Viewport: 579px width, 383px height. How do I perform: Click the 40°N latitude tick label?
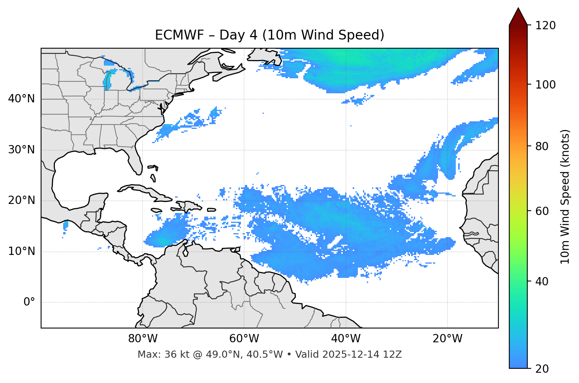(x=21, y=99)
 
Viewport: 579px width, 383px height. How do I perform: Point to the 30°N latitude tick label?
(x=21, y=150)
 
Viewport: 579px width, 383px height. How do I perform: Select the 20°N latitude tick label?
(x=21, y=200)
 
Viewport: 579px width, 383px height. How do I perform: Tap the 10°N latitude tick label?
(x=21, y=251)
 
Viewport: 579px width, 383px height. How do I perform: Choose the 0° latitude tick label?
(x=29, y=302)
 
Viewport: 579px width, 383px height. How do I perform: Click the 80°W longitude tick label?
(x=143, y=339)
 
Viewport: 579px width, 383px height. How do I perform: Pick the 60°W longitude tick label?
(x=244, y=339)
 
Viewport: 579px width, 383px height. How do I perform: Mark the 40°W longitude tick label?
(x=346, y=339)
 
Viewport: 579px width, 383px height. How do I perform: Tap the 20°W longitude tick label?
(x=447, y=339)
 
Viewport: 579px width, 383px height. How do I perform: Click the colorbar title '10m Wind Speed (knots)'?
(x=565, y=196)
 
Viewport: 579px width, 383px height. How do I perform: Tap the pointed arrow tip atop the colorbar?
(x=518, y=9)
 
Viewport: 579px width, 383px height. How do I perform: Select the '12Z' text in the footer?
(x=393, y=355)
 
